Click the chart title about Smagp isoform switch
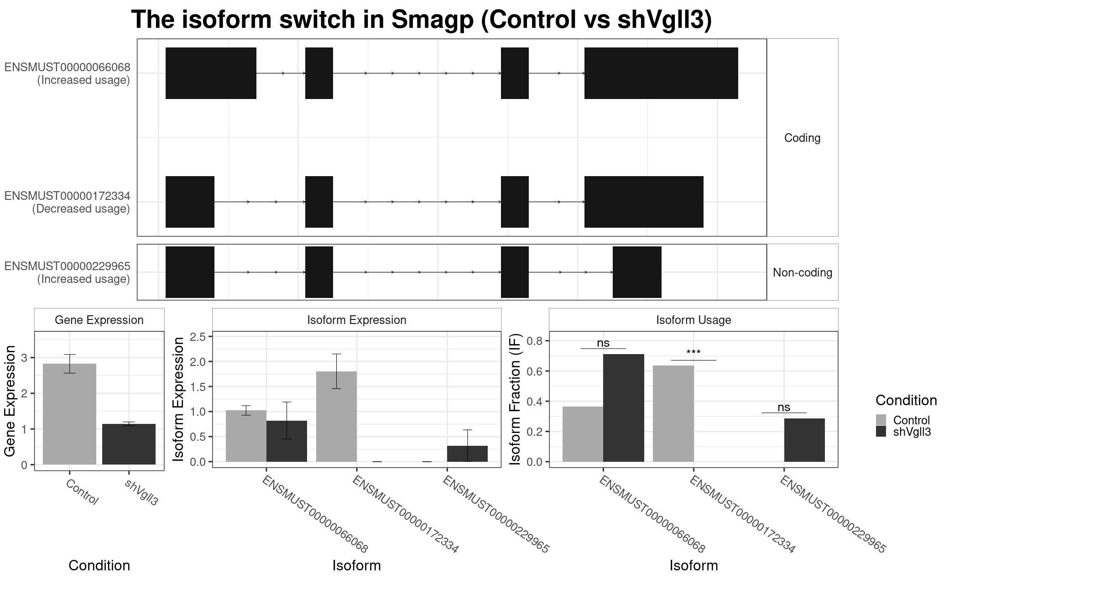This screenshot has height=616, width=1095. click(x=421, y=20)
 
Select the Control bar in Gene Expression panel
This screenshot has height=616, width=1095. click(x=69, y=414)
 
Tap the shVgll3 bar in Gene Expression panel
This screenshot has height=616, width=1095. click(x=129, y=444)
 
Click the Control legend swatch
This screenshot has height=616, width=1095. click(x=881, y=420)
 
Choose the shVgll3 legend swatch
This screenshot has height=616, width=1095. click(x=881, y=431)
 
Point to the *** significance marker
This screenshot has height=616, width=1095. click(x=693, y=353)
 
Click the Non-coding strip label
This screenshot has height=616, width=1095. click(x=803, y=272)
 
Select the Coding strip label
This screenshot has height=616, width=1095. click(x=803, y=138)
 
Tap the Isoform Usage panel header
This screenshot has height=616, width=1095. click(x=693, y=320)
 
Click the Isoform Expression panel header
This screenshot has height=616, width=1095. click(x=357, y=320)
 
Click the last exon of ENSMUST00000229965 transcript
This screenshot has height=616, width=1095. click(x=637, y=272)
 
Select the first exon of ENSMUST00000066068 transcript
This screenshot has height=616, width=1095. click(x=211, y=73)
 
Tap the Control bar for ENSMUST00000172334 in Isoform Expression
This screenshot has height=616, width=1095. click(x=336, y=417)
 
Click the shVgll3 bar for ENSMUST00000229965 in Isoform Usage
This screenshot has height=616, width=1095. click(x=804, y=440)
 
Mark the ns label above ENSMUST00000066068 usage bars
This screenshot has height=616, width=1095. click(x=603, y=343)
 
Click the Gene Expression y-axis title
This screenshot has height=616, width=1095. click(x=10, y=401)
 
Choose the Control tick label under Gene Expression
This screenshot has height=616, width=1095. click(x=82, y=492)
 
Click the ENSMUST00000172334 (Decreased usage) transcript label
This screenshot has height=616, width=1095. click(x=68, y=202)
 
